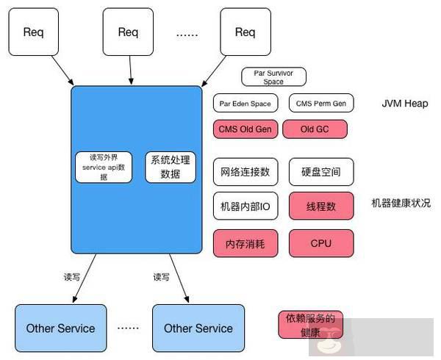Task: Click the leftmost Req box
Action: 34,32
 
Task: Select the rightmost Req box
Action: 244,32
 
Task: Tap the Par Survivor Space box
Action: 273,77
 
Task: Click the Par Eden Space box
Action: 245,104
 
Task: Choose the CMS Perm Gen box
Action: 320,104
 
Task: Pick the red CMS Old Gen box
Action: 245,130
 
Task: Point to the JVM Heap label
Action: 404,104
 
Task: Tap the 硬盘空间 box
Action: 320,172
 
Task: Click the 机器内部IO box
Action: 245,206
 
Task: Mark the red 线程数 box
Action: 320,206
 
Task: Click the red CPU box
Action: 320,242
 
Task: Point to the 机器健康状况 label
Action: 401,203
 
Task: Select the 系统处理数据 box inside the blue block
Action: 170,168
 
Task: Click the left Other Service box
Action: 60,328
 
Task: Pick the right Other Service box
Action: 198,328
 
